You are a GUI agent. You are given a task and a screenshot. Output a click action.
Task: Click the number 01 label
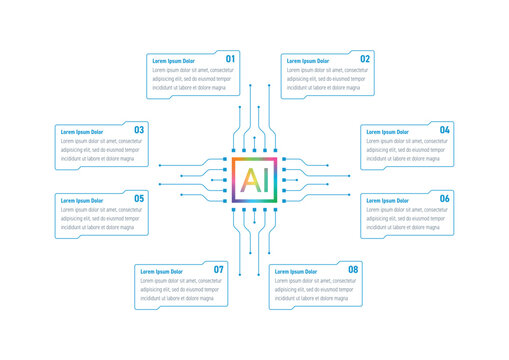230,59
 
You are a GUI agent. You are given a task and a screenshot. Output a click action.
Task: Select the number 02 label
365,59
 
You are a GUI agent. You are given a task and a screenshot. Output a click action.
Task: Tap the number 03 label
139,130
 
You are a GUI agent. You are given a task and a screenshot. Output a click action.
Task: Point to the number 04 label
444,130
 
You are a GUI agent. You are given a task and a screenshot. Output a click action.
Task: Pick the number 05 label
139,199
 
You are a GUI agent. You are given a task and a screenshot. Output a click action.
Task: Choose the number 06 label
444,199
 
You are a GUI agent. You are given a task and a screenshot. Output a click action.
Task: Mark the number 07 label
219,270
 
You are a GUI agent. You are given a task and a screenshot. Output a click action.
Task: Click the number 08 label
353,270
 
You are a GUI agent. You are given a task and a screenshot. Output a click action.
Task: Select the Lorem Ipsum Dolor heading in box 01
173,62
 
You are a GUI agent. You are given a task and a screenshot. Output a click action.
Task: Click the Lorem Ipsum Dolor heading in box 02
308,62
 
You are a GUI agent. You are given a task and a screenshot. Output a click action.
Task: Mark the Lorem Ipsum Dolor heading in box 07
161,272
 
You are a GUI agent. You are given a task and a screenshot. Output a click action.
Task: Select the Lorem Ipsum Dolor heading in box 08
295,272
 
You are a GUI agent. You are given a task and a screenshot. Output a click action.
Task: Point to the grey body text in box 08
314,290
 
